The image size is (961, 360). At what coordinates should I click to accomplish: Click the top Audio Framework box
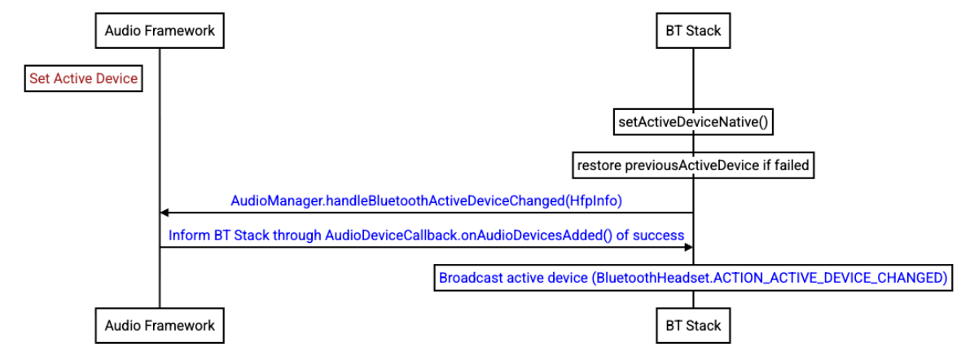click(160, 30)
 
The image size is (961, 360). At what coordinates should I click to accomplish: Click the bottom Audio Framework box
click(160, 324)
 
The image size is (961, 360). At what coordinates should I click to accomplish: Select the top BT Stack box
click(694, 30)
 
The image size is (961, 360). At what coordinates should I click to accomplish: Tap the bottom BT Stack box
click(694, 324)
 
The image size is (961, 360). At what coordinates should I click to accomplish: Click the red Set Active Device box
click(83, 79)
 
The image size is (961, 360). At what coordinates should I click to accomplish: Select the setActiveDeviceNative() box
click(693, 123)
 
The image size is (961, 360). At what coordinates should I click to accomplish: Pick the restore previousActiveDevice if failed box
click(693, 165)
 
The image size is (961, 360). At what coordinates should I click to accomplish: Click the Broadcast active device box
click(693, 278)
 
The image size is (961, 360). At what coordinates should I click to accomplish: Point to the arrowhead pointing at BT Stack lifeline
click(689, 247)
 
